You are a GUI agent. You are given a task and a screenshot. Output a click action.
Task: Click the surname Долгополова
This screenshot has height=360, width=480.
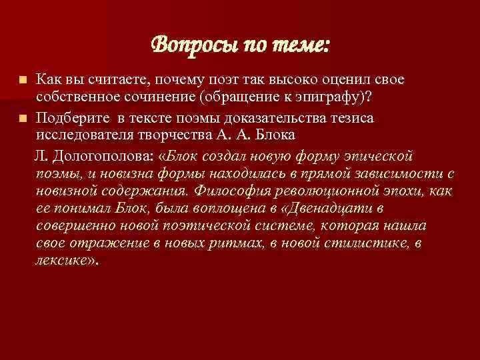98,156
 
